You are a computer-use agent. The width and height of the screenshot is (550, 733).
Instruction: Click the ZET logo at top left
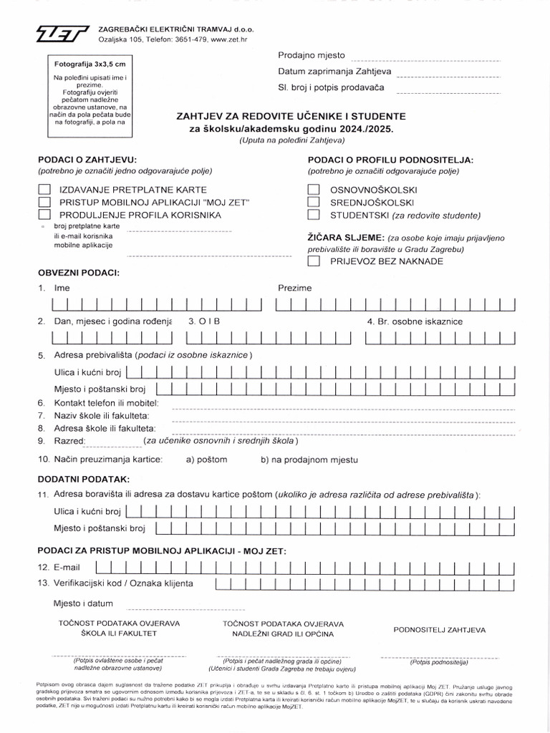64,32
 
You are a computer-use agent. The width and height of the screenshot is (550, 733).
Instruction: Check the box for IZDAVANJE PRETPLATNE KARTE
44,190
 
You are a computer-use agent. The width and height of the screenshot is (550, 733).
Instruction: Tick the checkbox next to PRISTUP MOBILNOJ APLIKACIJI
44,202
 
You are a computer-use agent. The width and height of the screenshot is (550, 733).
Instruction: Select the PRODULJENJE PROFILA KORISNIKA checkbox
44,214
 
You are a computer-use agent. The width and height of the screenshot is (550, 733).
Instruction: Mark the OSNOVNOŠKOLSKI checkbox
313,190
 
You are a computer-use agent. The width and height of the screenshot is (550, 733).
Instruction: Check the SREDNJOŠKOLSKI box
313,202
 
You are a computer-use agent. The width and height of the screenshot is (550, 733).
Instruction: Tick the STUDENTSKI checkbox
313,214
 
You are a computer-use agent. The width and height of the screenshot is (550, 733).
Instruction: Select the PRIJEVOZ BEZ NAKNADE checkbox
313,261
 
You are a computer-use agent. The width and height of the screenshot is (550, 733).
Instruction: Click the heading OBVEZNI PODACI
79,273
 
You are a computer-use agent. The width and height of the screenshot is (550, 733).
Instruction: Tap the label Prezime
294,288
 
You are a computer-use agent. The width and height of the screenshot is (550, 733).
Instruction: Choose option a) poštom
206,460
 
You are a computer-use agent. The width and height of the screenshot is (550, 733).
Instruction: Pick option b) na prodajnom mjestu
309,460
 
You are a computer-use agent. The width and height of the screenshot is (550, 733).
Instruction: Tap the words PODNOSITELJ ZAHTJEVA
440,630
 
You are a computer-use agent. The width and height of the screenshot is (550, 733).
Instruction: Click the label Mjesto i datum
83,603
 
